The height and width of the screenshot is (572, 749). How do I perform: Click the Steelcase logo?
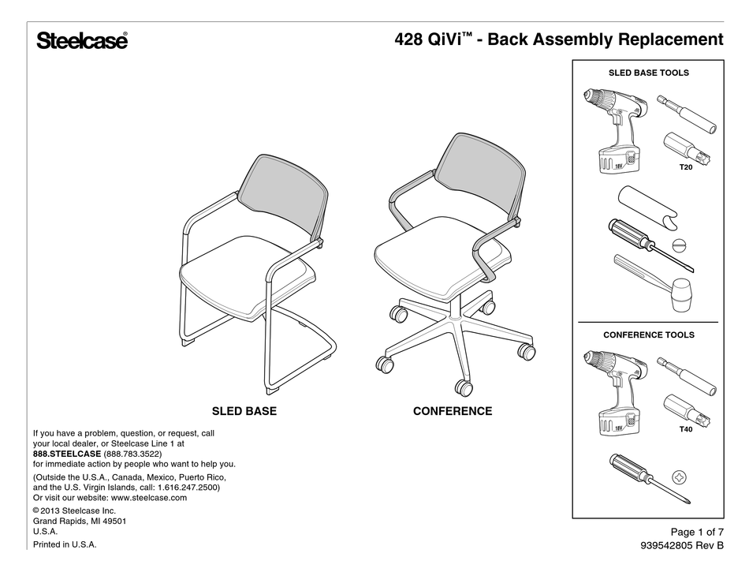point(81,41)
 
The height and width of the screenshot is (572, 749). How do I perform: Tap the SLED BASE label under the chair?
point(244,411)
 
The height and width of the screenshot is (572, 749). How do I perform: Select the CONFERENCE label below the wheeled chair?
point(453,411)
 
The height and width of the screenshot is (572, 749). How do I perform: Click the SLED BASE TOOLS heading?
point(649,73)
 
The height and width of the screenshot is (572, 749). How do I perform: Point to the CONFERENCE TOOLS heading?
point(649,335)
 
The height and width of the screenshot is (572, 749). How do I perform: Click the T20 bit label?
point(685,168)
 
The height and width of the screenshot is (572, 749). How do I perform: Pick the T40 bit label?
point(685,429)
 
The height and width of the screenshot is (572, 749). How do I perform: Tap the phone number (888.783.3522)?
point(132,454)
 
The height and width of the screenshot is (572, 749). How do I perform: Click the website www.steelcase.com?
point(149,498)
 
